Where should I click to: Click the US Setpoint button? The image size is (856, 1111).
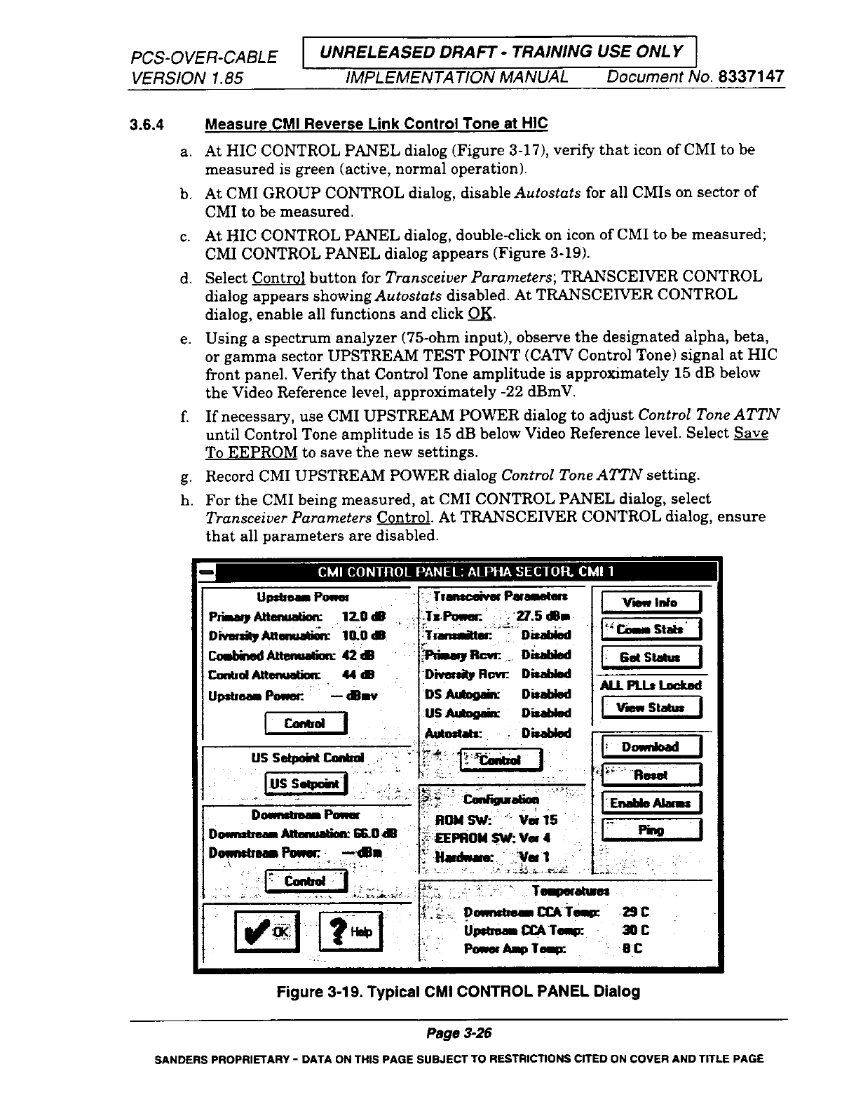pos(305,783)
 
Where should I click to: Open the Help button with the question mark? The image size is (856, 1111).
pos(350,931)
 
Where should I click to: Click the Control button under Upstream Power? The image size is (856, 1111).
pos(305,723)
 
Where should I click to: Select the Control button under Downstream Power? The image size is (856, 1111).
pos(306,881)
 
